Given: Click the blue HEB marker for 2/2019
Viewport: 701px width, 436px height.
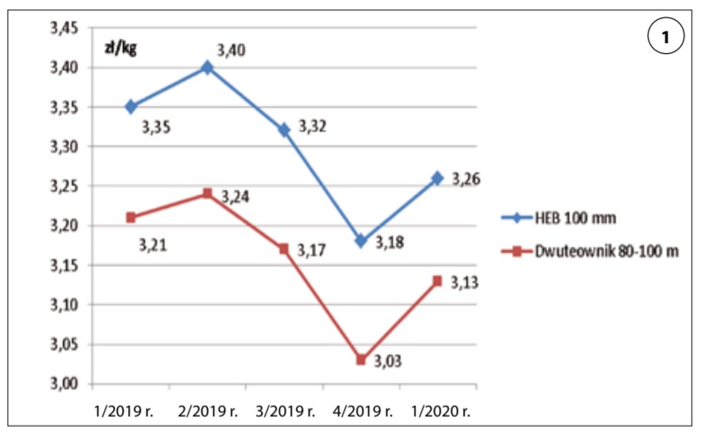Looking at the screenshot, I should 207,67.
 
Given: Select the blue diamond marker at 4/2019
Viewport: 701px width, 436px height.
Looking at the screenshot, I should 360,241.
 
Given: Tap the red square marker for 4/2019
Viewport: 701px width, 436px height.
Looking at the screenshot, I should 360,360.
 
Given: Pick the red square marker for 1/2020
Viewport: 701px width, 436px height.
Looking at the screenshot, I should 437,281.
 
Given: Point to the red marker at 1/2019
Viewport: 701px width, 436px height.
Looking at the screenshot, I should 131,218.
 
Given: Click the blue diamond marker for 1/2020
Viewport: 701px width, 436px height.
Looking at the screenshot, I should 437,178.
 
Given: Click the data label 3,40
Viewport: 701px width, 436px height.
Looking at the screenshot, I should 231,51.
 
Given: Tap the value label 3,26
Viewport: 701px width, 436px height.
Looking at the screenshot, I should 467,179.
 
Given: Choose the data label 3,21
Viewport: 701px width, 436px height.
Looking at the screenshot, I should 155,246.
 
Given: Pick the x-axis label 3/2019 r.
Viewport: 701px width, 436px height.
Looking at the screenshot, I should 285,410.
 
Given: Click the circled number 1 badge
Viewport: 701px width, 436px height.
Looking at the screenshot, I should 665,37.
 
